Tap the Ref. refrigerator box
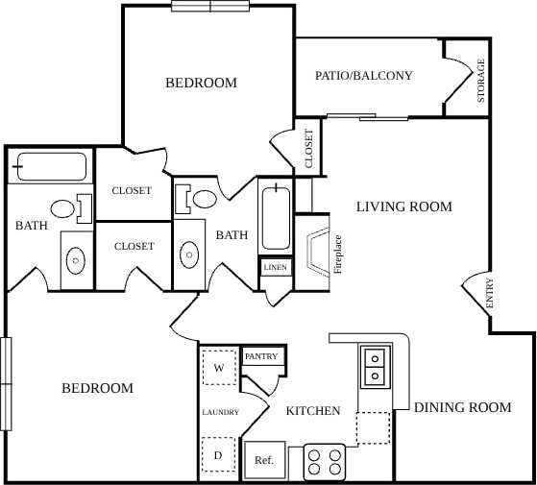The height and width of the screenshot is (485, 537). click(264, 460)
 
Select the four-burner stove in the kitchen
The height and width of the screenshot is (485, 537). click(325, 462)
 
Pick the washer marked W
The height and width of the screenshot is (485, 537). click(219, 368)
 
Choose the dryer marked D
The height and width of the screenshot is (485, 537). click(219, 454)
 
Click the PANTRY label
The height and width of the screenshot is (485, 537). click(260, 356)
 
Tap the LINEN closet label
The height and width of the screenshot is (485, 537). click(276, 267)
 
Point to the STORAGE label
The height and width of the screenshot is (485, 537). click(481, 81)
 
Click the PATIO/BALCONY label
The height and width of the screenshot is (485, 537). click(364, 75)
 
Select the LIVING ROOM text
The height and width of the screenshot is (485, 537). click(403, 206)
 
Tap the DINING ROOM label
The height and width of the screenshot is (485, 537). click(462, 407)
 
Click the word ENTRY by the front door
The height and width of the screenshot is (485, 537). click(489, 293)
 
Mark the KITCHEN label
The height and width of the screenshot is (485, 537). click(313, 411)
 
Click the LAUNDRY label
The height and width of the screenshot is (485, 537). click(220, 413)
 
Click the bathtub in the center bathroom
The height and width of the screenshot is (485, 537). click(277, 215)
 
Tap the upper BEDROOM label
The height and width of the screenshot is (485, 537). click(201, 83)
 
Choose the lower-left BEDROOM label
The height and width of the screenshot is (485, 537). click(97, 388)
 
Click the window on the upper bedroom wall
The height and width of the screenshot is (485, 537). click(210, 6)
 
